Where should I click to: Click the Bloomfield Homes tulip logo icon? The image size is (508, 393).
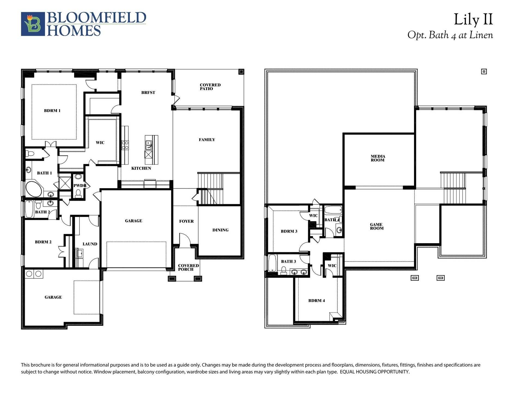(x=33, y=24)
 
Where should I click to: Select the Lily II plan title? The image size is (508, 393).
(x=473, y=20)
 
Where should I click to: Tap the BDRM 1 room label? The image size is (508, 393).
(x=52, y=111)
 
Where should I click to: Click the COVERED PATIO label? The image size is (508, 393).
(x=210, y=87)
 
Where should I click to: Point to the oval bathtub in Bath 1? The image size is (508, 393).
(x=34, y=188)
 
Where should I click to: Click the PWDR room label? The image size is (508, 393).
(x=80, y=186)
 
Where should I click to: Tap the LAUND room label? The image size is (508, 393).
(x=90, y=244)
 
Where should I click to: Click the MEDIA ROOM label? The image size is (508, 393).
(x=378, y=158)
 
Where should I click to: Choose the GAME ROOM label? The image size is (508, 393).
(x=377, y=227)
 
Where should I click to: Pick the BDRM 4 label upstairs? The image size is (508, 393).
(x=316, y=300)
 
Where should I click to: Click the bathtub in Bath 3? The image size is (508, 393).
(x=272, y=263)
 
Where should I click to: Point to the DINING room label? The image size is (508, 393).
(x=220, y=230)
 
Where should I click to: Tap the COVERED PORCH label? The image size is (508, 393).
(x=188, y=267)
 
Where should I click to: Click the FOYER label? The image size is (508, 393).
(x=186, y=221)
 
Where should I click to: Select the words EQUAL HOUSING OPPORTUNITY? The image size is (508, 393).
(x=375, y=372)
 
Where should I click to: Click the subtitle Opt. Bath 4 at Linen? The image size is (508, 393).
(x=450, y=35)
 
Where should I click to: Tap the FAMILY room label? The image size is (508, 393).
(x=207, y=140)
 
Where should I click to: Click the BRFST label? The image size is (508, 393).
(x=148, y=93)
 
